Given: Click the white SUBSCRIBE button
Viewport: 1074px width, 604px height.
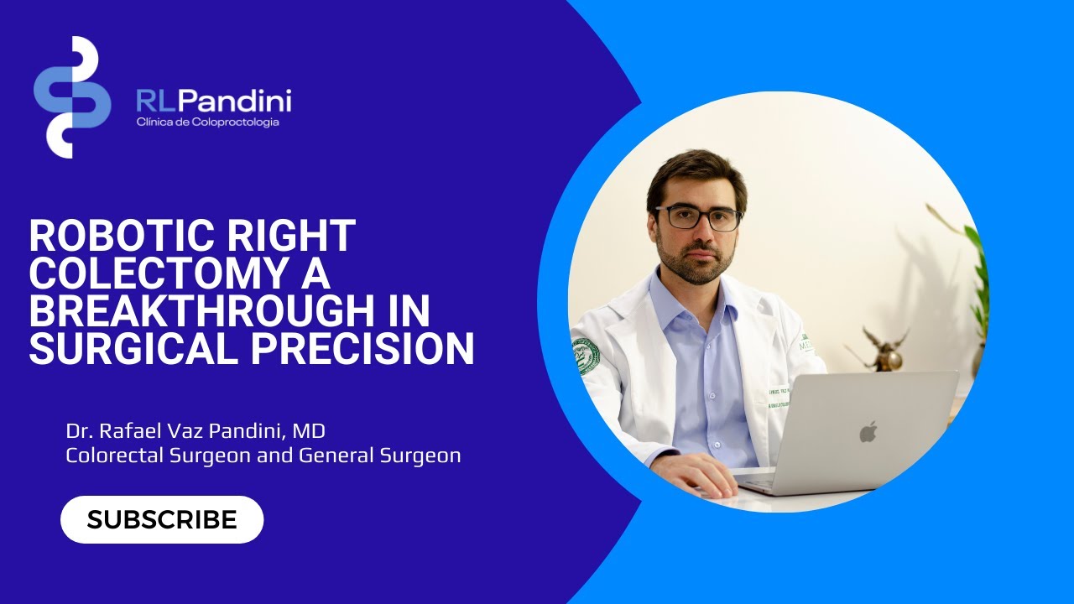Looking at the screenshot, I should [x=162, y=519].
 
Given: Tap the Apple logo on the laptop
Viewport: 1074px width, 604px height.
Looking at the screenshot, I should [x=868, y=432].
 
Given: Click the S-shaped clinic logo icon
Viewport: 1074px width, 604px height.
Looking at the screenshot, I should [x=72, y=97].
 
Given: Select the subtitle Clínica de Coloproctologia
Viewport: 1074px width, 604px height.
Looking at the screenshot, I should [x=207, y=122].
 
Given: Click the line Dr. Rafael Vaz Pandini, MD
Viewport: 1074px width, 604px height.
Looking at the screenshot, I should [x=196, y=432].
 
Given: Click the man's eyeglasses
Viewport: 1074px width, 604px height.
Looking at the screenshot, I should [x=698, y=218].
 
